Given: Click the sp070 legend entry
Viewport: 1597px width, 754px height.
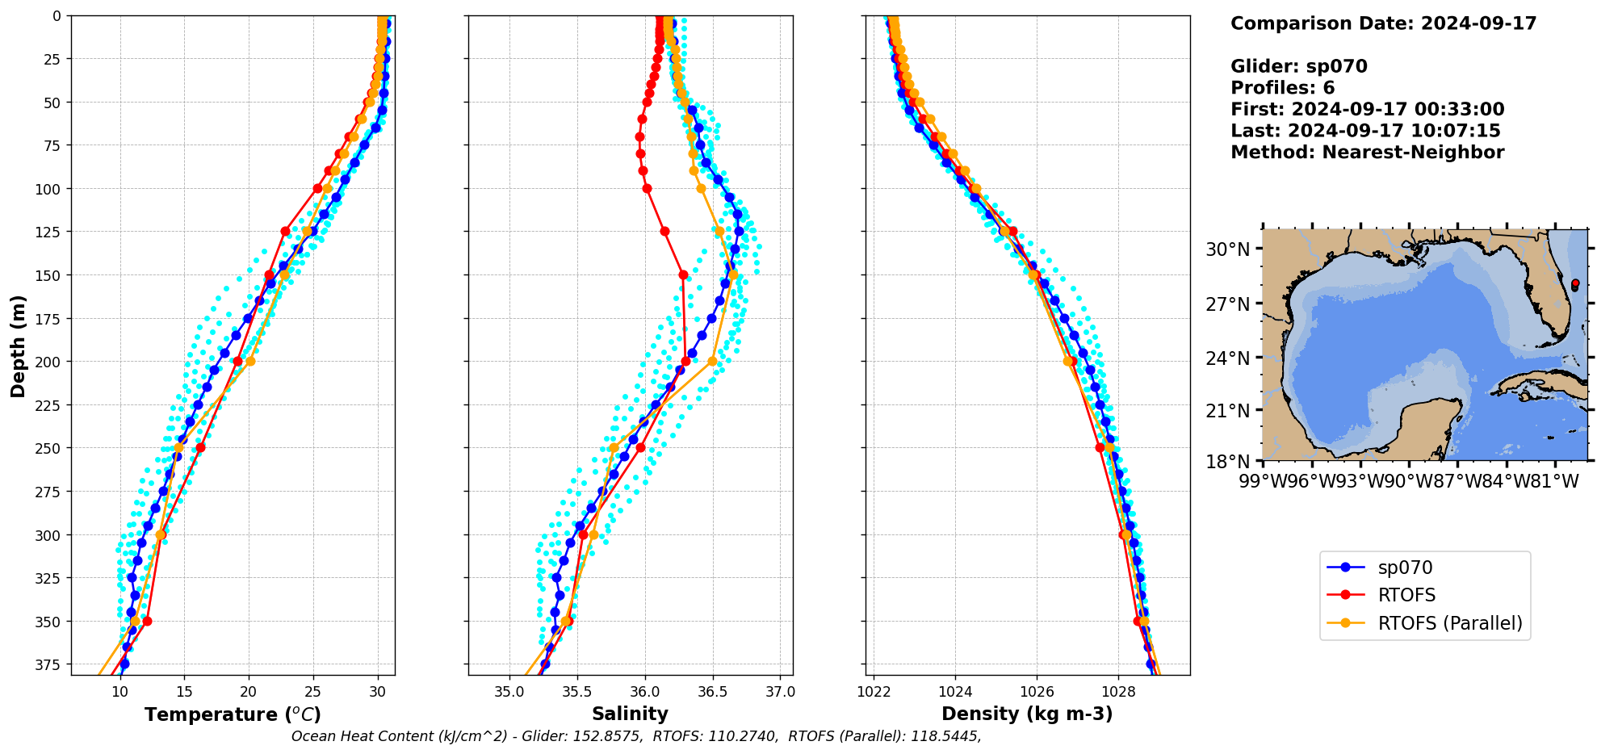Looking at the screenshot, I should [x=1405, y=568].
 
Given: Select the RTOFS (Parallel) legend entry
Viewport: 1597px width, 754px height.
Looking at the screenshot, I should [x=1449, y=623].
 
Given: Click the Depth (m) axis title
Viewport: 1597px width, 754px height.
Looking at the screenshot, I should [x=18, y=346].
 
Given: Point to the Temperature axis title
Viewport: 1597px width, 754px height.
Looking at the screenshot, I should [x=233, y=714].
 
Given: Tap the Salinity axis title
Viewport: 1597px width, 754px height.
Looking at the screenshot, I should [x=630, y=714].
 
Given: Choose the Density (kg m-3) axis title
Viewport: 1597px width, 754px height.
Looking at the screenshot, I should [x=1027, y=714].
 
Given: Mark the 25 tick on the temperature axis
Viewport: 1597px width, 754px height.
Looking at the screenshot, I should [x=313, y=692].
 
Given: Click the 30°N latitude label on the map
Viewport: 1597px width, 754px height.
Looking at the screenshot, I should [x=1227, y=249].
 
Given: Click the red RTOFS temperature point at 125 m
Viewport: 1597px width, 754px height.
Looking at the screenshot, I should [x=285, y=232].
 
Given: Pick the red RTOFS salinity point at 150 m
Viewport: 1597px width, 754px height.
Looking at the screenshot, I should [x=683, y=274].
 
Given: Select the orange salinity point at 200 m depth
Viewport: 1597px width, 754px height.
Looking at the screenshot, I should [x=712, y=362].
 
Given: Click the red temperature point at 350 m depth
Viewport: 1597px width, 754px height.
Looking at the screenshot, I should [x=147, y=621].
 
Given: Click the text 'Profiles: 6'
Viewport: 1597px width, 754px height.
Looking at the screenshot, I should [x=1282, y=88].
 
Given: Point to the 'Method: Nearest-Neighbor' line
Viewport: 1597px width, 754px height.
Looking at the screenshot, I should [x=1367, y=153].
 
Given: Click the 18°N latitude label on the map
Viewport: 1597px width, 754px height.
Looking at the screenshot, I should [x=1227, y=462].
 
